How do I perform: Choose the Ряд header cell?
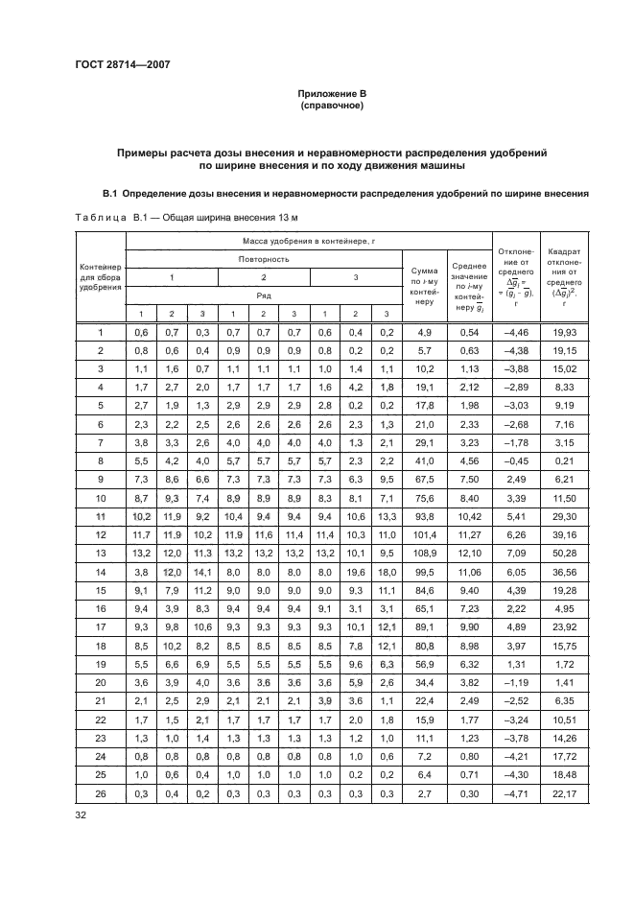(263, 295)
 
